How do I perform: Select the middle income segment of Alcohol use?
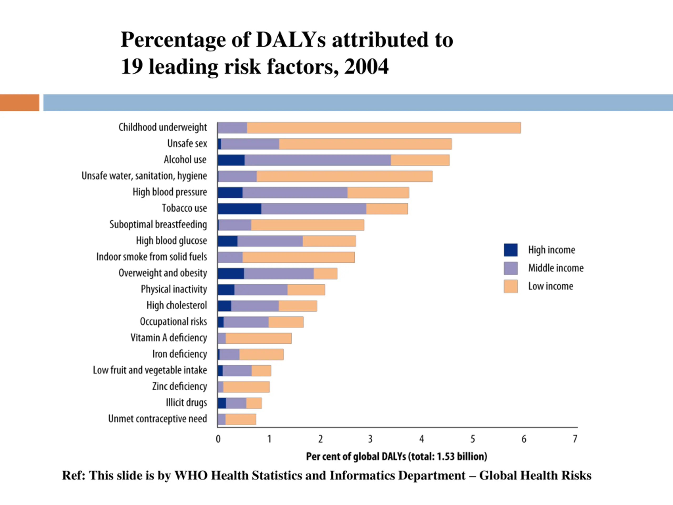pyautogui.click(x=318, y=160)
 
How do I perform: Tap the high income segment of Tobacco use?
pyautogui.click(x=239, y=209)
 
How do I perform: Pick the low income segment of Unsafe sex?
pyautogui.click(x=365, y=144)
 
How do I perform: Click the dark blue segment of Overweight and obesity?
pyautogui.click(x=231, y=274)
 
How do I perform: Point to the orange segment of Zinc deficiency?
pyautogui.click(x=246, y=387)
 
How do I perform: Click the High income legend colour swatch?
pyautogui.click(x=511, y=250)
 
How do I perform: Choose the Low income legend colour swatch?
pyautogui.click(x=511, y=286)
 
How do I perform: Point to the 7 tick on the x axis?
pyautogui.click(x=575, y=439)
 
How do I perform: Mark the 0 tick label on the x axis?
pyautogui.click(x=218, y=439)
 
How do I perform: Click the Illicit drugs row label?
pyautogui.click(x=186, y=403)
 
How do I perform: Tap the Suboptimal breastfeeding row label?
pyautogui.click(x=158, y=225)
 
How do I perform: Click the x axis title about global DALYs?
pyautogui.click(x=396, y=457)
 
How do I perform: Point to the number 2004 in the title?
pyautogui.click(x=366, y=67)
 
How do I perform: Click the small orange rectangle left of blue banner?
pyautogui.click(x=19, y=103)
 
